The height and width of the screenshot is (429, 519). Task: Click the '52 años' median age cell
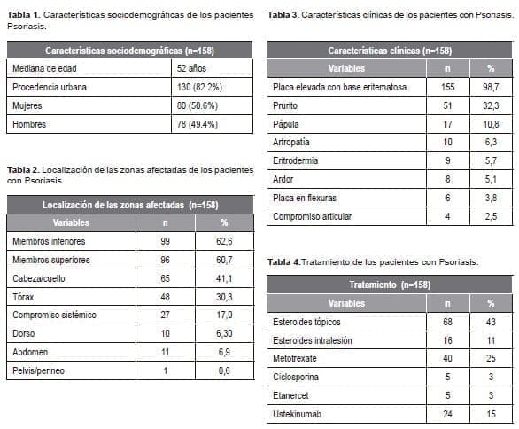pos(190,67)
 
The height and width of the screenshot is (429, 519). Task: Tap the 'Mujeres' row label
pos(27,105)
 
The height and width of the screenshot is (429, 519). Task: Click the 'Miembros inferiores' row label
pos(50,241)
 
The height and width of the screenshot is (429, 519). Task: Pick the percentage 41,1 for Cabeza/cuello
pos(224,277)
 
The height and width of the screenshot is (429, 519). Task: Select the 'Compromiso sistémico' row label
pos(54,315)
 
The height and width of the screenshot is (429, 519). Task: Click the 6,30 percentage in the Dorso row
pos(224,333)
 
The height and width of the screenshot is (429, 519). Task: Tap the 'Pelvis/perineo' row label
pos(40,370)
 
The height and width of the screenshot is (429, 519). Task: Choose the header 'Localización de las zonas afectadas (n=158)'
pos(130,205)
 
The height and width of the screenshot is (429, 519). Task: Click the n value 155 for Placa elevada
pos(447,86)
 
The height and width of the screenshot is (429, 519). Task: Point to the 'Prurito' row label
pos(286,105)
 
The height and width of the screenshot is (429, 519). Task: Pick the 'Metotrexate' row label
pos(296,358)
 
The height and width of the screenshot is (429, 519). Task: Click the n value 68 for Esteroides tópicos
pos(447,321)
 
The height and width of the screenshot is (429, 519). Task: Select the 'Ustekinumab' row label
pos(298,414)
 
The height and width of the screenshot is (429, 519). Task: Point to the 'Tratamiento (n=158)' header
pos(390,285)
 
